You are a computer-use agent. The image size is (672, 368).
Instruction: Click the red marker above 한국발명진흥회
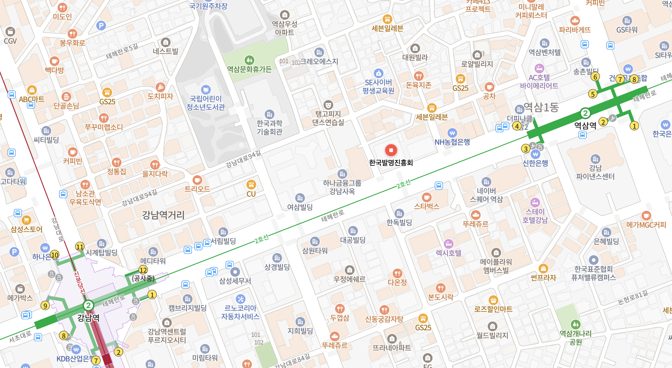pyautogui.click(x=391, y=150)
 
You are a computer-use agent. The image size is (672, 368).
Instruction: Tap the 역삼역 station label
pyautogui.click(x=585, y=126)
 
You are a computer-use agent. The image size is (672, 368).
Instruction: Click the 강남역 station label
pyautogui.click(x=88, y=318)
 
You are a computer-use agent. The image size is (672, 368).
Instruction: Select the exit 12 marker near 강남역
pyautogui.click(x=143, y=270)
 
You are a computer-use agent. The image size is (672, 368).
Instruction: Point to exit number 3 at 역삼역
pyautogui.click(x=526, y=149)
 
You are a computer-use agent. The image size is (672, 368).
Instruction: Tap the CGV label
pyautogui.click(x=10, y=41)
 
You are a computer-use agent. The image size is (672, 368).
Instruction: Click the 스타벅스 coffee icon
pyautogui.click(x=427, y=197)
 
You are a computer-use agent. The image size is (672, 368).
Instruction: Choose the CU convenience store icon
pyautogui.click(x=251, y=184)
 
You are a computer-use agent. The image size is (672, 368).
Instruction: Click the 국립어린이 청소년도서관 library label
pyautogui.click(x=206, y=103)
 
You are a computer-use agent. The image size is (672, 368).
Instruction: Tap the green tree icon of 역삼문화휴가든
pyautogui.click(x=249, y=60)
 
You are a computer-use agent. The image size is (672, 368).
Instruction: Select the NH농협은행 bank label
pyautogui.click(x=452, y=142)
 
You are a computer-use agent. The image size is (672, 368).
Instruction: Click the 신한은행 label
pyautogui.click(x=535, y=163)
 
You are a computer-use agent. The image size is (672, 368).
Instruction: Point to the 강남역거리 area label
pyautogui.click(x=163, y=215)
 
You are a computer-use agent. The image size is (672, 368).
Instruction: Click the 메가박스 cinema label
pyautogui.click(x=20, y=298)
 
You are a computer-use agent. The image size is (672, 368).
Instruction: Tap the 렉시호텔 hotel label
pyautogui.click(x=448, y=253)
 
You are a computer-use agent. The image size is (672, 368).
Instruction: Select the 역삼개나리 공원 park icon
pyautogui.click(x=575, y=324)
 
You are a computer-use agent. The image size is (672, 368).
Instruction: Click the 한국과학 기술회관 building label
pyautogui.click(x=269, y=127)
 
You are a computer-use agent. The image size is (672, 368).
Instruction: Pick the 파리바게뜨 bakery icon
pyautogui.click(x=575, y=21)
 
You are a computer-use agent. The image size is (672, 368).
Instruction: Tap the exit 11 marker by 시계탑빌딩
pyautogui.click(x=80, y=247)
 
